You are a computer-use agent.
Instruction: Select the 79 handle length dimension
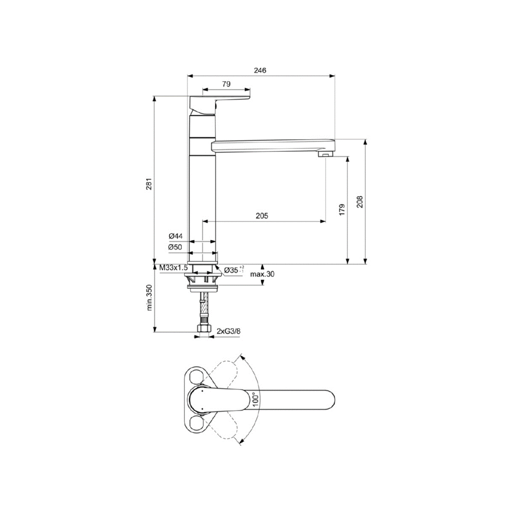[226, 84]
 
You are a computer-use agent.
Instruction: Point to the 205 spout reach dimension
[262, 215]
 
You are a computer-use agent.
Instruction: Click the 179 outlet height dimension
[342, 209]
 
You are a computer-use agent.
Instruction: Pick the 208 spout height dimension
[360, 201]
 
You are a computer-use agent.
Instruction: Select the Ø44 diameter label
[175, 236]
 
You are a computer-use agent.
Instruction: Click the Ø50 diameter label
[175, 247]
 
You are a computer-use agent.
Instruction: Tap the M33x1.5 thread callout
[173, 268]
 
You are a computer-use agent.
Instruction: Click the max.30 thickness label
[262, 274]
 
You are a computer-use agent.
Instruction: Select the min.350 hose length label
[149, 298]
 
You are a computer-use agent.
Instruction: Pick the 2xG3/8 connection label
[228, 331]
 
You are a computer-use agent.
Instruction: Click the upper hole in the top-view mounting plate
[196, 376]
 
